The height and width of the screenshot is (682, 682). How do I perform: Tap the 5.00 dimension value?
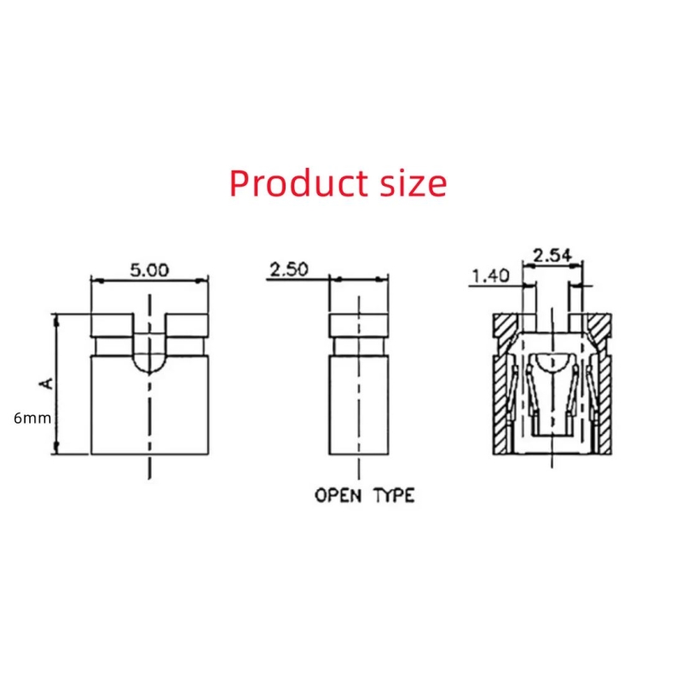(x=150, y=270)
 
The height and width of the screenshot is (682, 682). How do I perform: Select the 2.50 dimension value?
(x=289, y=269)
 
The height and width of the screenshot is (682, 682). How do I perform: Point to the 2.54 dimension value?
(x=552, y=255)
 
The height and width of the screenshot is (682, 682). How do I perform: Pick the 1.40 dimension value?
(x=491, y=275)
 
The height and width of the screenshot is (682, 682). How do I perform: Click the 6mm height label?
(x=32, y=419)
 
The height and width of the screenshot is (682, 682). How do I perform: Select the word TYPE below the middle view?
(x=394, y=495)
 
